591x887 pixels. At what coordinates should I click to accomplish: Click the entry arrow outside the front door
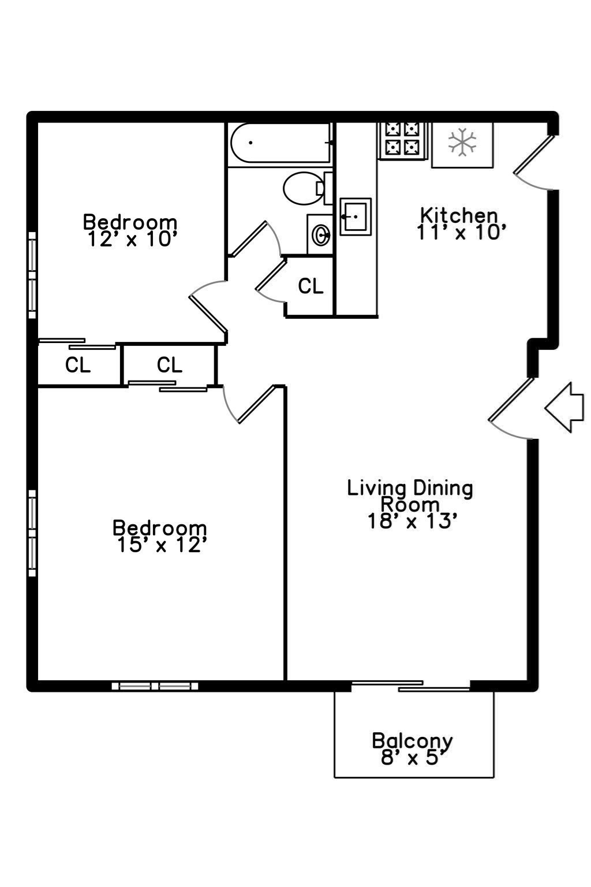pos(564,407)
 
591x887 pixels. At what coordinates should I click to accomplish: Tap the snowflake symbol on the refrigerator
pos(462,143)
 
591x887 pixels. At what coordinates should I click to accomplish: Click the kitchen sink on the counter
pos(355,216)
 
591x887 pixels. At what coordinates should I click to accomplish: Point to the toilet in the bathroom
pos(304,188)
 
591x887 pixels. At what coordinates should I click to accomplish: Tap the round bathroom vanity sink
pos(320,235)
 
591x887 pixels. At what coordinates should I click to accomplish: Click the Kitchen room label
pos(458,215)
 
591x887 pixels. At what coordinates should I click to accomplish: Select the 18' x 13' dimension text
pos(413,521)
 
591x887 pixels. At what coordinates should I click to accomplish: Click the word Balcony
pos(412,740)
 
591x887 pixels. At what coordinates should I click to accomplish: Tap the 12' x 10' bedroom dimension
pos(132,239)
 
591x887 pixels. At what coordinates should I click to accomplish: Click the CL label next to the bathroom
pos(311,286)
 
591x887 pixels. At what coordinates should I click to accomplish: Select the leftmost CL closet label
pos(78,365)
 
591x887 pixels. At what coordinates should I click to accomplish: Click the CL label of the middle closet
pos(170,365)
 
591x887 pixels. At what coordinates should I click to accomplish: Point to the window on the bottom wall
pos(155,686)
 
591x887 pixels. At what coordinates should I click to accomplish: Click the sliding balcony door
pos(411,686)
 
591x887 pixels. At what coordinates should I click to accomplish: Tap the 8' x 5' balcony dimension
pos(414,757)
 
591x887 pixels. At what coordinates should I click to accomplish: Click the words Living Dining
pos(410,488)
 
